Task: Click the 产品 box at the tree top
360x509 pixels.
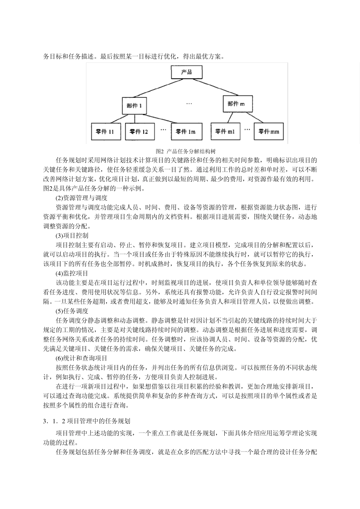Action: point(186,72)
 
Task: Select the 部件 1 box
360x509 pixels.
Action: point(134,106)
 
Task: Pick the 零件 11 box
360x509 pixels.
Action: point(106,132)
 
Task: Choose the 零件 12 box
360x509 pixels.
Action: point(139,132)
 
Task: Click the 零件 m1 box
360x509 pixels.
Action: point(225,131)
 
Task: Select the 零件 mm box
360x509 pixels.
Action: point(269,131)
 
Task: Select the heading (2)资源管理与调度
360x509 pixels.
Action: point(82,198)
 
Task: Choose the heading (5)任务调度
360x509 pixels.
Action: point(72,311)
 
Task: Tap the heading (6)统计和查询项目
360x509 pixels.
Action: point(82,358)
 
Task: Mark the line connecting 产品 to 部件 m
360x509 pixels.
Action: point(212,87)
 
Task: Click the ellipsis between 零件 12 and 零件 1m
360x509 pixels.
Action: point(163,130)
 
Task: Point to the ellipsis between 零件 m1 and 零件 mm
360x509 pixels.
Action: point(247,129)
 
